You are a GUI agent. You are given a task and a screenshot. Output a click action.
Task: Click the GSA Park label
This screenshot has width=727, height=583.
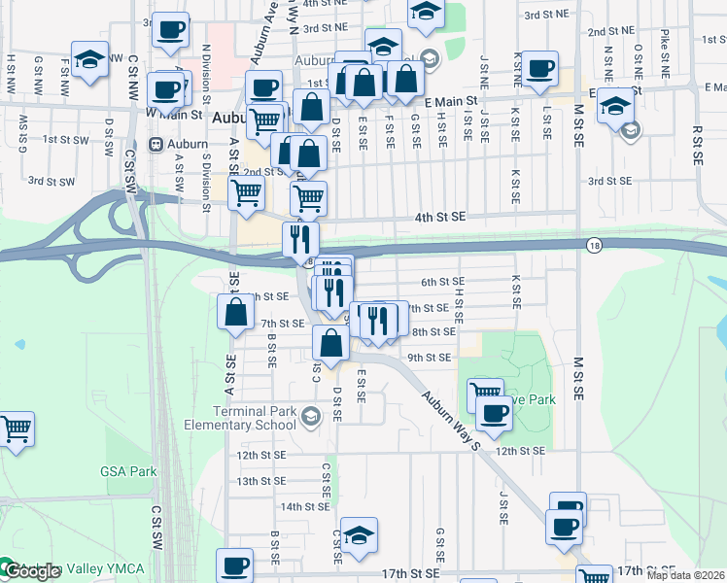(128, 471)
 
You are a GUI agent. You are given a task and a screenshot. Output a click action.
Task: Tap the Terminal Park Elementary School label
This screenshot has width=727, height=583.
(240, 418)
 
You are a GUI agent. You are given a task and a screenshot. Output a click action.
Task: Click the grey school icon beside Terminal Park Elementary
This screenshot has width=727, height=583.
(310, 418)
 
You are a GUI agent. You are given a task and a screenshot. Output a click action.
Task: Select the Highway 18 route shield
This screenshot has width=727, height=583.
(593, 246)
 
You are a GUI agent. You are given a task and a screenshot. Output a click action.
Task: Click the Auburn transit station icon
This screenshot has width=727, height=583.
(155, 144)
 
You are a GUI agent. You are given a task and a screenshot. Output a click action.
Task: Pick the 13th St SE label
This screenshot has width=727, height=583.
(260, 481)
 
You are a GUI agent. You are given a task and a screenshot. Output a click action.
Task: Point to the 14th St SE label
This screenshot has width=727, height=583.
(305, 506)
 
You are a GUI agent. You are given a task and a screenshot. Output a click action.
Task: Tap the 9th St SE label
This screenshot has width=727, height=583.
(429, 358)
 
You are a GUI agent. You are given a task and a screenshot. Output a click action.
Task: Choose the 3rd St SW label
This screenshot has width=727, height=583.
(51, 181)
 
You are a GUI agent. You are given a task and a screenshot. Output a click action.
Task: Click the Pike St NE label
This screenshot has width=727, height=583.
(665, 53)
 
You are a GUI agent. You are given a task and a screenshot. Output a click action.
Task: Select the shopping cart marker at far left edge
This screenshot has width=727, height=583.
(16, 429)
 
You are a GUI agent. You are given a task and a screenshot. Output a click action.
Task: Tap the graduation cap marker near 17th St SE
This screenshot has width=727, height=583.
(359, 535)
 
